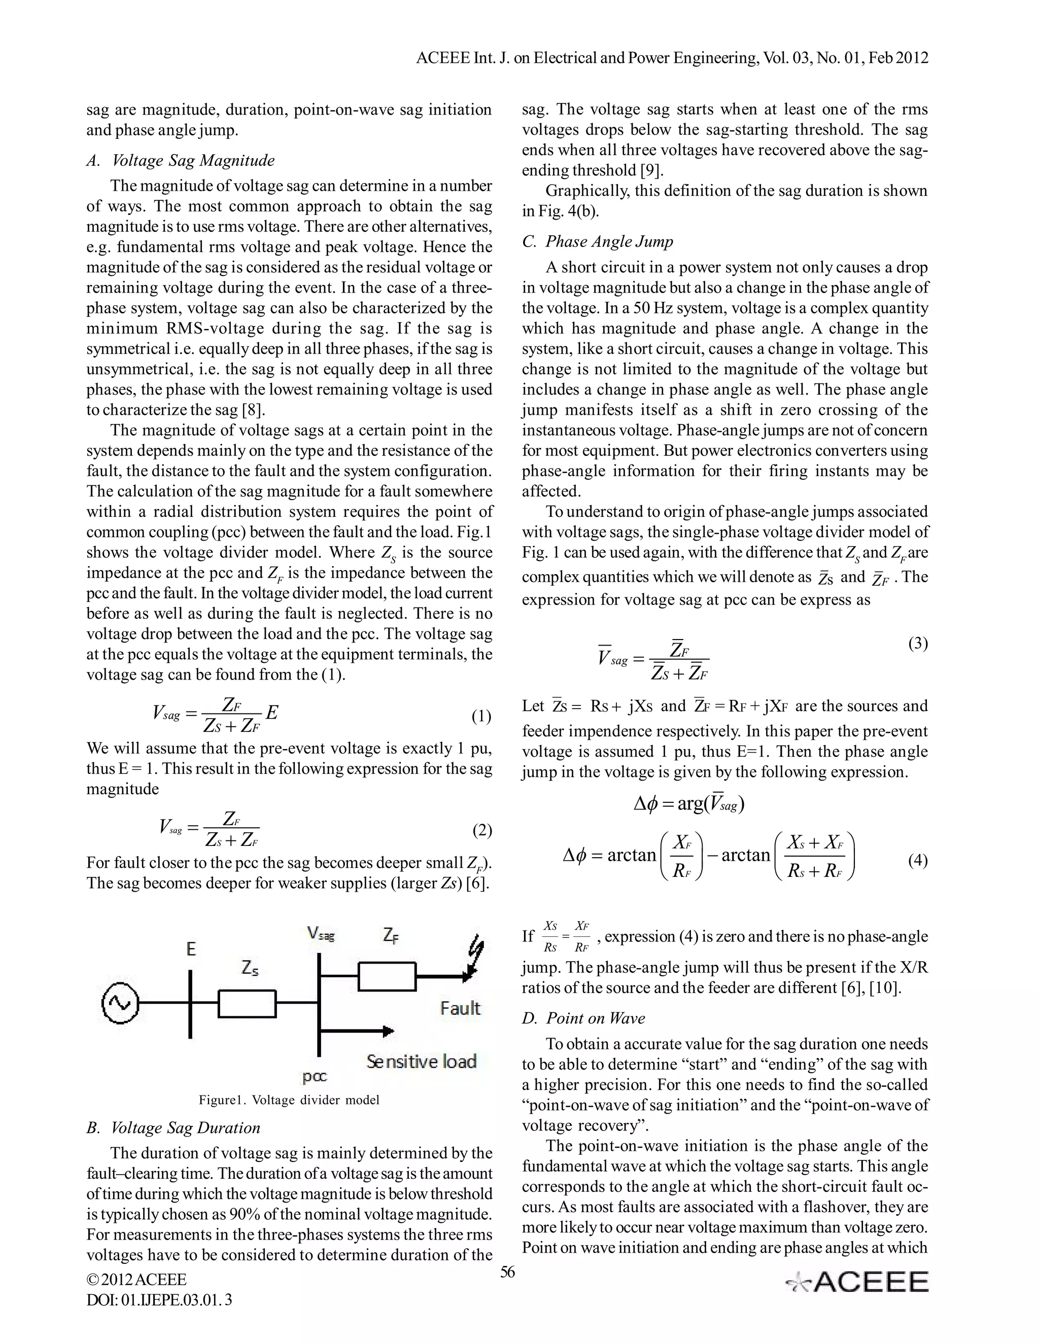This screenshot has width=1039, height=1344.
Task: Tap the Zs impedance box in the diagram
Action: tap(247, 1004)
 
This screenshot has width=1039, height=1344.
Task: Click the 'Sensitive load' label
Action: tap(422, 1061)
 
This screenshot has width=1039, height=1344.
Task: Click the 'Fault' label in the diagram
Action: tap(460, 1008)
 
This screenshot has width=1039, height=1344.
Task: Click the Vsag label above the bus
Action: tap(321, 935)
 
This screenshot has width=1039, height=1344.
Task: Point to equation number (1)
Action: tap(481, 716)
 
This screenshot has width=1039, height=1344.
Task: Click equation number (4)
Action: tap(918, 860)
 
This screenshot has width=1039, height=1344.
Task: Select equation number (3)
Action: tap(918, 644)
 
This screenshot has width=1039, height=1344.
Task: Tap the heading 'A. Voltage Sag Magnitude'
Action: tap(180, 161)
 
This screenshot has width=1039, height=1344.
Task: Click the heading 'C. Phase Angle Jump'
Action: tap(597, 241)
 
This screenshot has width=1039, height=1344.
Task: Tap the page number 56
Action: tap(507, 1272)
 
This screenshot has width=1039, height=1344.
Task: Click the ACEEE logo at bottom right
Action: tap(858, 1282)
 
